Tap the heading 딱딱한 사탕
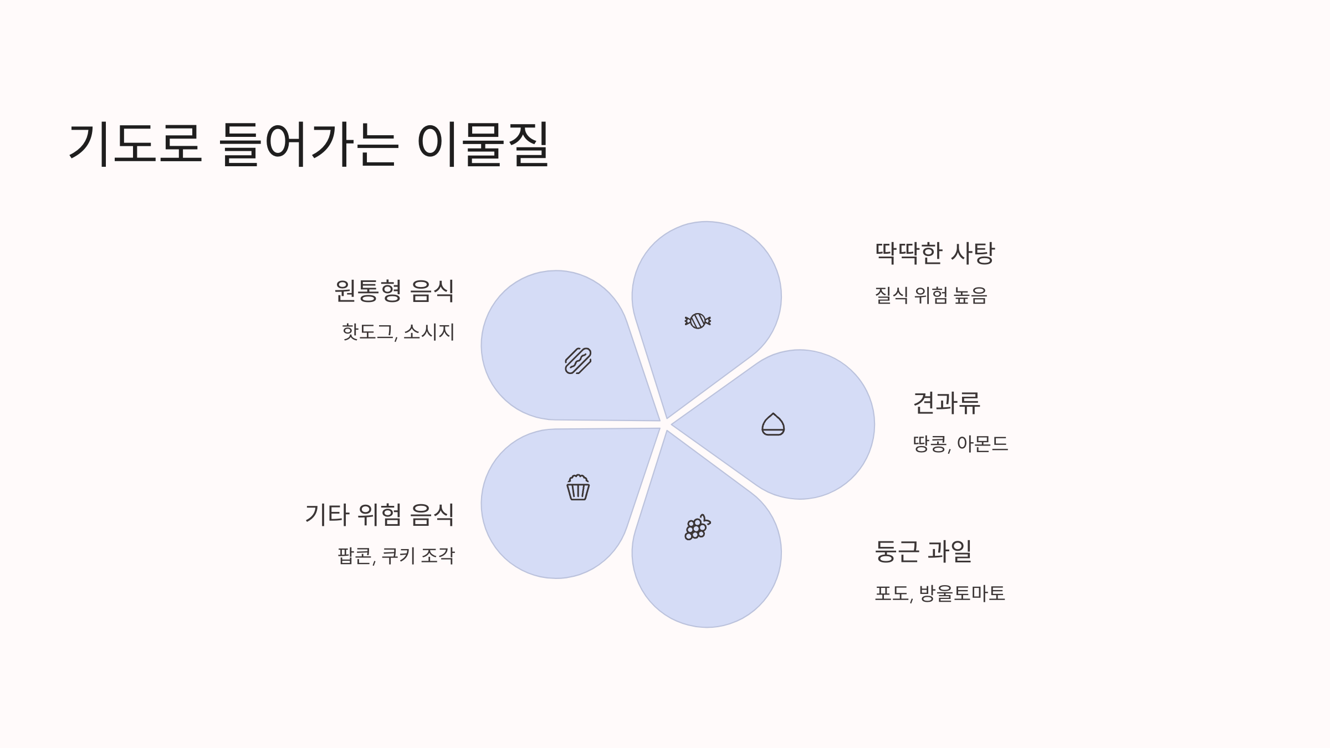[934, 253]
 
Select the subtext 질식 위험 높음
[930, 295]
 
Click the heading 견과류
[947, 403]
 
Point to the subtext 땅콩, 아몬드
[960, 444]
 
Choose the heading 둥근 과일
[923, 551]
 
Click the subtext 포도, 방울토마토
[939, 593]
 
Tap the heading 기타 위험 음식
[380, 515]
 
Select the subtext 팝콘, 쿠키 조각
[396, 556]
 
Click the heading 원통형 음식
[394, 291]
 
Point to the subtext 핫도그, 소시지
[398, 332]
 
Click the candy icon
[698, 321]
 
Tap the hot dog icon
[578, 361]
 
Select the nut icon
[773, 424]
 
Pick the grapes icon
[697, 527]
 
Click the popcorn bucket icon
[578, 488]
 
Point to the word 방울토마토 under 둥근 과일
[961, 593]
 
